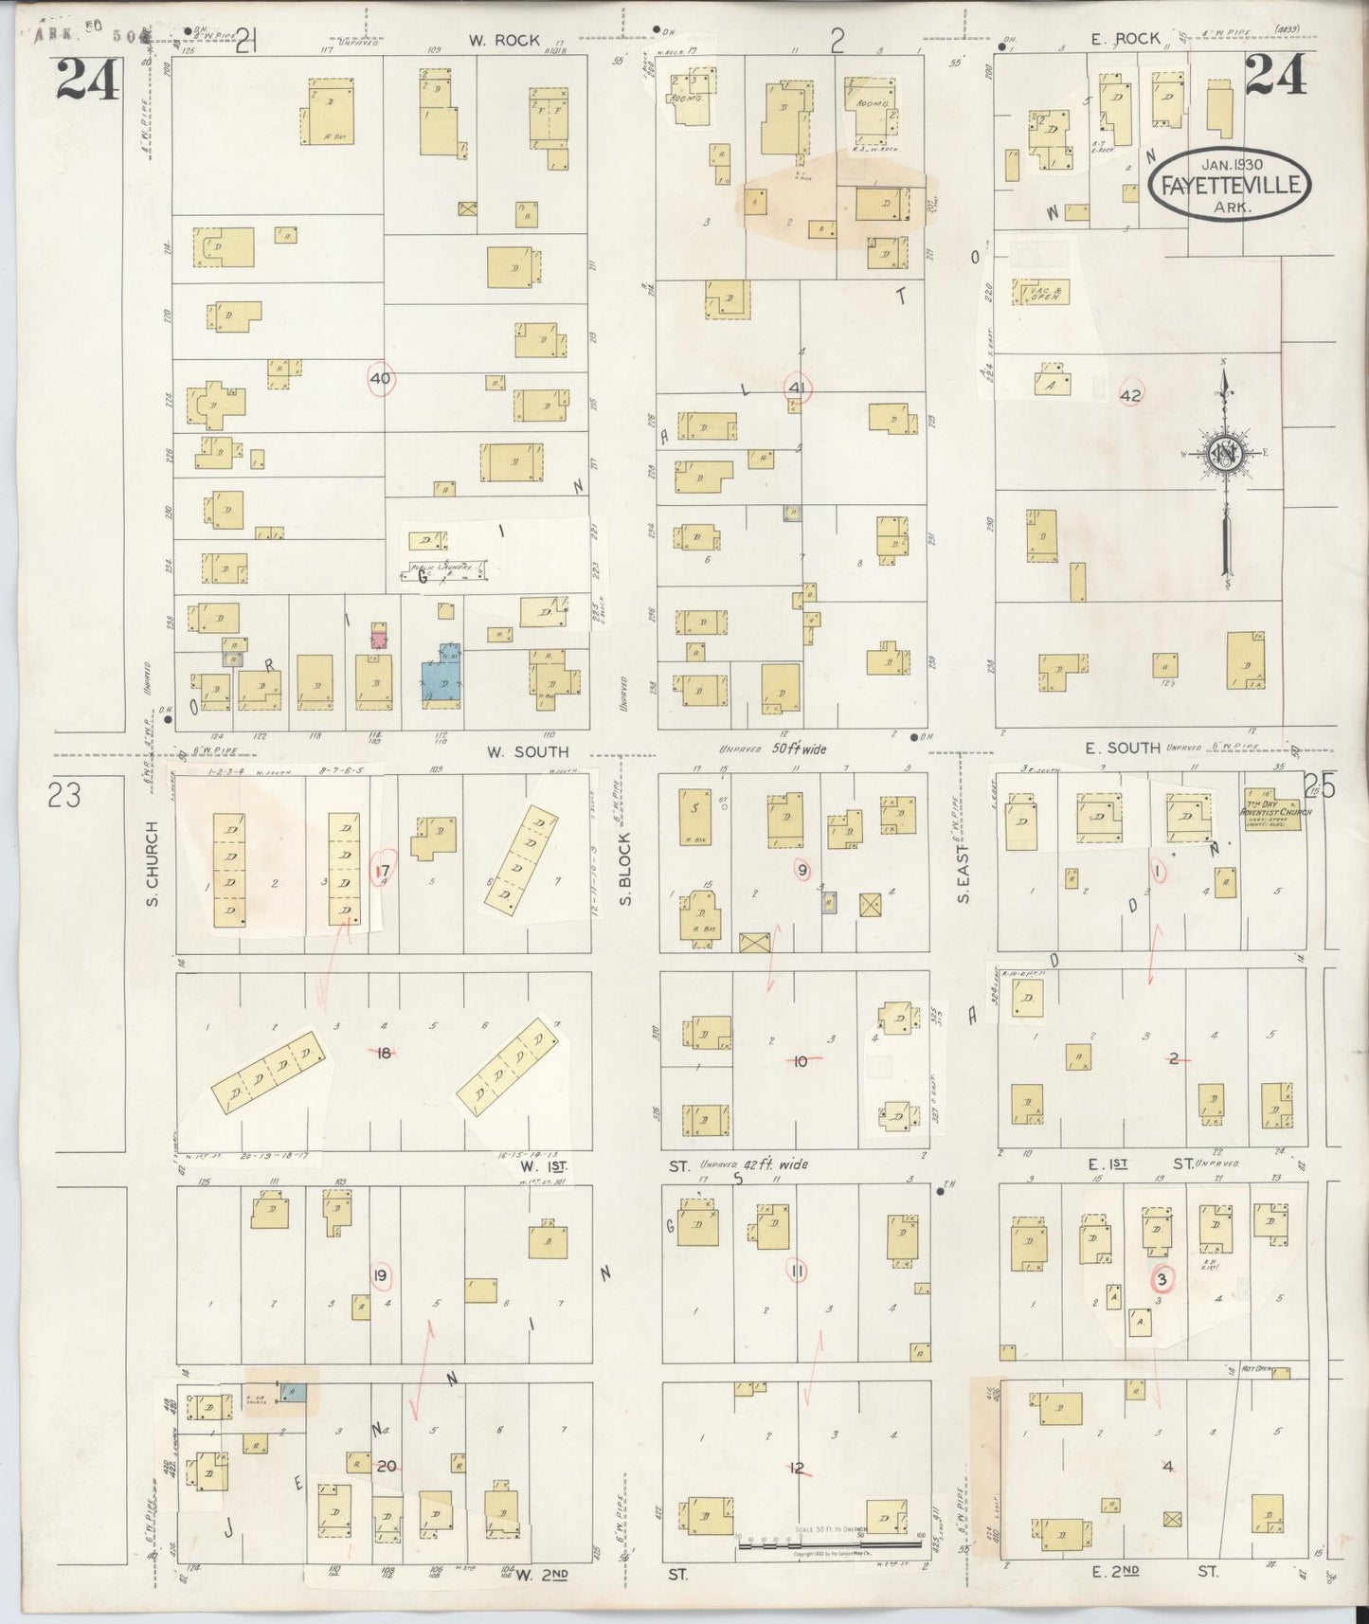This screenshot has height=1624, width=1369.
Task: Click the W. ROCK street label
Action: pyautogui.click(x=503, y=41)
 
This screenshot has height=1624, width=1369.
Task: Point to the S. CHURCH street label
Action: pyautogui.click(x=153, y=862)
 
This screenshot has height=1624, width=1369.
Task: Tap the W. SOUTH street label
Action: pyautogui.click(x=528, y=751)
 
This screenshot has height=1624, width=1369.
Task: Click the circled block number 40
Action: pyautogui.click(x=381, y=379)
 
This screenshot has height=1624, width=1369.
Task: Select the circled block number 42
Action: pyautogui.click(x=1130, y=395)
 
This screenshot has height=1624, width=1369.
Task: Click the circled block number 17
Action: pyautogui.click(x=384, y=871)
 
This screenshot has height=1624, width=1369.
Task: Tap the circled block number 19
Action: pyautogui.click(x=380, y=1276)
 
